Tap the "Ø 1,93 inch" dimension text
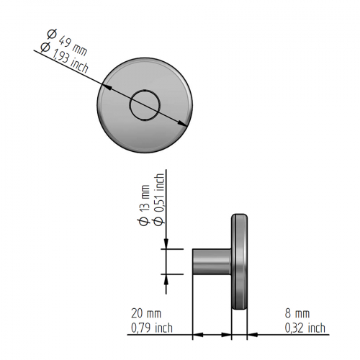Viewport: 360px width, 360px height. [64, 58]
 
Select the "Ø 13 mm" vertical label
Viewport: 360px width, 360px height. [145, 205]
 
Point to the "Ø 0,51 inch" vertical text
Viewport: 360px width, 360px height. [159, 199]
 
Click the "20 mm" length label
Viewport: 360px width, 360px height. [146, 313]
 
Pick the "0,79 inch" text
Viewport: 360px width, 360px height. [152, 328]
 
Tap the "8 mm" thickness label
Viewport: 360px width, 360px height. [297, 313]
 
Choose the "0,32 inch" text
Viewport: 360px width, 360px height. [305, 328]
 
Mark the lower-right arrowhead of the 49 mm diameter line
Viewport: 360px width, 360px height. [183, 123]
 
